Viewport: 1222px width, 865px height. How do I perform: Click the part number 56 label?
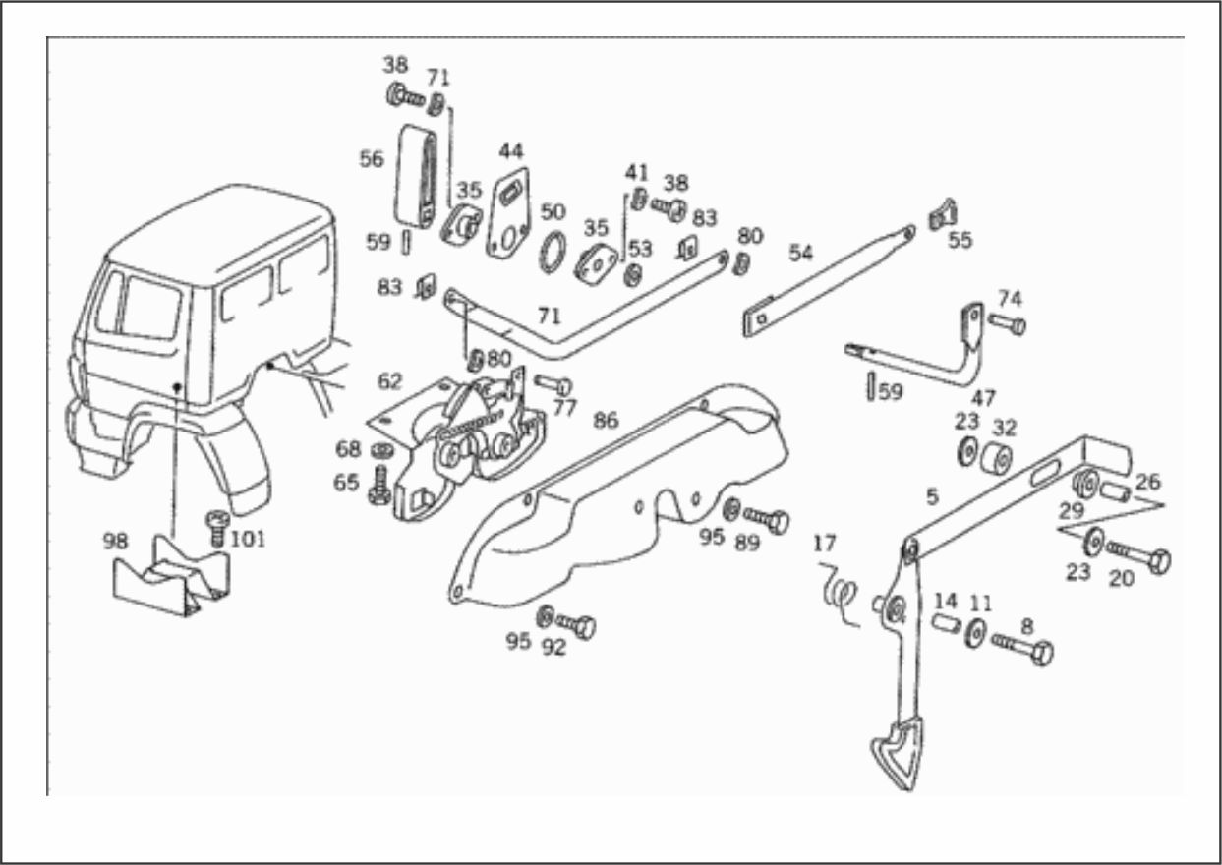click(x=372, y=159)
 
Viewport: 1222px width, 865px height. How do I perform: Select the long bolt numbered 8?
click(x=1021, y=648)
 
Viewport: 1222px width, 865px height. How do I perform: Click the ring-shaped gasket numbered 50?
click(x=553, y=252)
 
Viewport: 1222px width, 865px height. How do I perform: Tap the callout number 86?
click(x=606, y=420)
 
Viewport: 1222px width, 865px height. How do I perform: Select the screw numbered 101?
click(x=217, y=528)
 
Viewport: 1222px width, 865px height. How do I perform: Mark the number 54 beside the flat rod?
click(x=800, y=253)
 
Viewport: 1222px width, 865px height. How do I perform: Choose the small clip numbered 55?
click(x=943, y=214)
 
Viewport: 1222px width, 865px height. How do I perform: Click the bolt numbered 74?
click(x=1007, y=323)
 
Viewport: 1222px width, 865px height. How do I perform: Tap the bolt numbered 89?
click(x=767, y=520)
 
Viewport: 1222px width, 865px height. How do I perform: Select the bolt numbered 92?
click(x=576, y=625)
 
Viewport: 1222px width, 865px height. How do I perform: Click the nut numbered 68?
click(x=382, y=451)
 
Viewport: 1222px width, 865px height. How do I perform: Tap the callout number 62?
click(x=389, y=381)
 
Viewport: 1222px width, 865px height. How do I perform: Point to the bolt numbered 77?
click(x=553, y=384)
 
